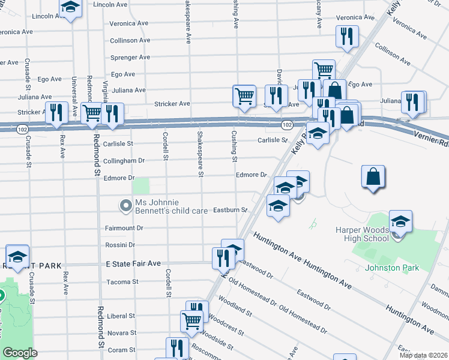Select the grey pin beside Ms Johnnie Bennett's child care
[x=125, y=206]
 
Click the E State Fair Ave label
[x=133, y=263]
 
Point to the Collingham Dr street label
[x=124, y=161]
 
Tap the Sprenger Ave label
[x=130, y=58]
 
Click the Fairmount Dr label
[x=124, y=228]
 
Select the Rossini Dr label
[x=120, y=245]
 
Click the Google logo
[x=20, y=353]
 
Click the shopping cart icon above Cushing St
[x=244, y=95]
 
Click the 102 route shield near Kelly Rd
[x=287, y=124]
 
